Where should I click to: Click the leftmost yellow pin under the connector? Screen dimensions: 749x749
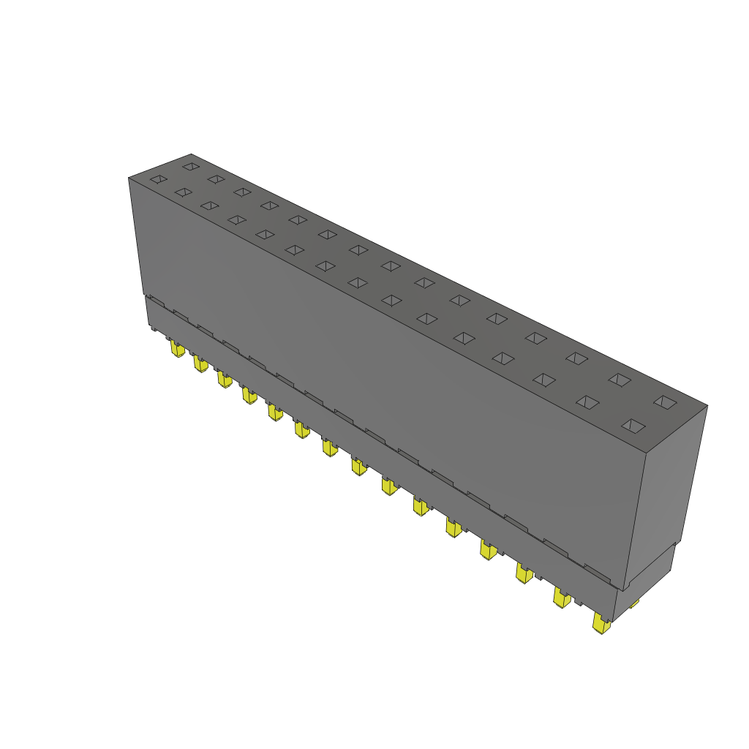pyautogui.click(x=176, y=349)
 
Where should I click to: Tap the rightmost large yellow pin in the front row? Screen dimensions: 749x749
pyautogui.click(x=601, y=624)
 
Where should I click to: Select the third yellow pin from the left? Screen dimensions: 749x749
pyautogui.click(x=224, y=379)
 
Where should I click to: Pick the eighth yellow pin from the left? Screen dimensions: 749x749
pyautogui.click(x=358, y=465)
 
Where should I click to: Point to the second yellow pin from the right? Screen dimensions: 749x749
pyautogui.click(x=561, y=598)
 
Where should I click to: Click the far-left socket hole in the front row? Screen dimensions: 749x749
pyautogui.click(x=158, y=178)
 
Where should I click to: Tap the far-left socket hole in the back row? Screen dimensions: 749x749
pyautogui.click(x=190, y=167)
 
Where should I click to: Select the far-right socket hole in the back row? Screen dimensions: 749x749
pyautogui.click(x=664, y=402)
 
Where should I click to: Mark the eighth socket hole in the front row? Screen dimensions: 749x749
pyautogui.click(x=357, y=282)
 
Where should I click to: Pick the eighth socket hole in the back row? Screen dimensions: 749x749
pyautogui.click(x=391, y=266)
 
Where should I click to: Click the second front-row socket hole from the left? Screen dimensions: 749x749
pyautogui.click(x=183, y=192)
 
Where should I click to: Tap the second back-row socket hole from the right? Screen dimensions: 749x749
pyautogui.click(x=620, y=380)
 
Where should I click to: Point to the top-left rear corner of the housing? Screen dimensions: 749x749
pyautogui.click(x=191, y=154)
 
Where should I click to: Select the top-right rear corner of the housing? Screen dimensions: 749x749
pyautogui.click(x=707, y=404)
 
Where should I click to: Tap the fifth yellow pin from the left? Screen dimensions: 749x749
pyautogui.click(x=275, y=413)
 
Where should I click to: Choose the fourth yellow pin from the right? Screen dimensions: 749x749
pyautogui.click(x=489, y=549)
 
